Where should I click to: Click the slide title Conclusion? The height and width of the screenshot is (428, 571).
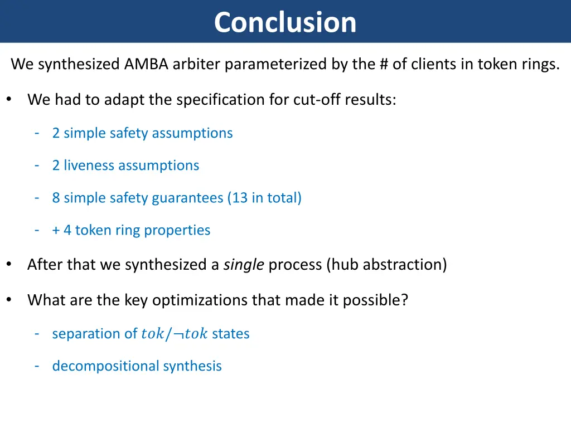285,22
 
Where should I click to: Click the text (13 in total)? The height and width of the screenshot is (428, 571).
264,198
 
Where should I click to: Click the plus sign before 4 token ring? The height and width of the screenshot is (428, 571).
56,230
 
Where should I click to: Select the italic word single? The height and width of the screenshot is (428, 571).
244,265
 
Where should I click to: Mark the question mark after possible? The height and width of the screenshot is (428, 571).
405,300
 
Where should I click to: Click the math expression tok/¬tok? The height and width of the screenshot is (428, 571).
175,334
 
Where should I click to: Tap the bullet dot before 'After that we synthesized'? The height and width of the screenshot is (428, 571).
9,265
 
